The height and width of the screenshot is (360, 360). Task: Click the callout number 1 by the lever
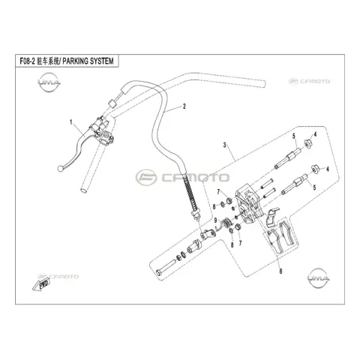pyautogui.click(x=71, y=122)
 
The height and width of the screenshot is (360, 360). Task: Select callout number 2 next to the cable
pyautogui.click(x=184, y=106)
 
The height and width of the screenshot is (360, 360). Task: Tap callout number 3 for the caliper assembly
pyautogui.click(x=224, y=145)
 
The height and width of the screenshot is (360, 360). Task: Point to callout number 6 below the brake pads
pyautogui.click(x=280, y=271)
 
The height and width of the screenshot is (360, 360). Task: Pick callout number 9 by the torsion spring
pyautogui.click(x=215, y=220)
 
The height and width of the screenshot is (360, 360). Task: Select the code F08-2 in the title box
pyautogui.click(x=27, y=61)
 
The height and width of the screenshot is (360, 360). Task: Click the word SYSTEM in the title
pyautogui.click(x=100, y=61)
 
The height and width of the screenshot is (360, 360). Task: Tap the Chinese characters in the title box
pyautogui.click(x=47, y=61)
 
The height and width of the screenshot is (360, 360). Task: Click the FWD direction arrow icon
pyautogui.click(x=41, y=285)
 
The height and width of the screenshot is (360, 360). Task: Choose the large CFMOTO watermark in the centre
pyautogui.click(x=182, y=178)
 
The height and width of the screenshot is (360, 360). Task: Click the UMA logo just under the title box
pyautogui.click(x=49, y=82)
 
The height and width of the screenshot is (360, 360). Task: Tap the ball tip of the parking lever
pyautogui.click(x=60, y=169)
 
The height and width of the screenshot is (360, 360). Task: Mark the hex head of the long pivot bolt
pyautogui.click(x=158, y=272)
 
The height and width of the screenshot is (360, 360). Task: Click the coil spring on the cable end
pyautogui.click(x=190, y=192)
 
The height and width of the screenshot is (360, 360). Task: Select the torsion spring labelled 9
pyautogui.click(x=225, y=222)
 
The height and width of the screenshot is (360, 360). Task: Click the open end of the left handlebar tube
pyautogui.click(x=83, y=190)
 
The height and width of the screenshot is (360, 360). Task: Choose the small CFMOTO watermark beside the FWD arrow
pyautogui.click(x=58, y=277)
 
